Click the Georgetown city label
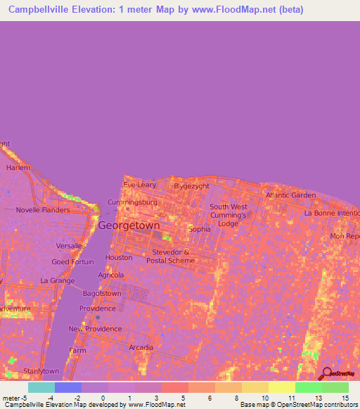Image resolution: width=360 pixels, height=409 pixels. tap(129, 226)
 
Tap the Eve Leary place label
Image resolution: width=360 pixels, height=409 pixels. tap(139, 185)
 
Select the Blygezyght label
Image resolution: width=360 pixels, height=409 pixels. tap(193, 186)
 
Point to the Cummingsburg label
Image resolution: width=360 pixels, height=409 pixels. tap(131, 202)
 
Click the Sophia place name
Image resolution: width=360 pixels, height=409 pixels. tap(200, 229)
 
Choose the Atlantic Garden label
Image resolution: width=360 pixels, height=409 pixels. tap(290, 195)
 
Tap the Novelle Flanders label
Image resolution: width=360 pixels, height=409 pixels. tap(44, 209)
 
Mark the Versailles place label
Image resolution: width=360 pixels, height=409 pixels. tap(71, 246)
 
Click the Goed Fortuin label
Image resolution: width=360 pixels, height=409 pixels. tap(73, 262)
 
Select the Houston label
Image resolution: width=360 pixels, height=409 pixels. tap(118, 258)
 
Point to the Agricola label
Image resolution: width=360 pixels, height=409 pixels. tap(111, 275)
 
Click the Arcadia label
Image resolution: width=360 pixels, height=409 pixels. tap(141, 347)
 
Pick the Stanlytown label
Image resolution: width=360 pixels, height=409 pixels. tap(41, 370)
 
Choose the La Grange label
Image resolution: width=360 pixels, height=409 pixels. tap(57, 280)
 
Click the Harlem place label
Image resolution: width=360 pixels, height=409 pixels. tap(19, 169)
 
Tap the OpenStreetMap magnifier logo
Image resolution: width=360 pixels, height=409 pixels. tap(326, 373)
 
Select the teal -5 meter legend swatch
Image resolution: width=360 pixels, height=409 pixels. tap(41, 387)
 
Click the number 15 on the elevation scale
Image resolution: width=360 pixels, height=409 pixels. tap(345, 398)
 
